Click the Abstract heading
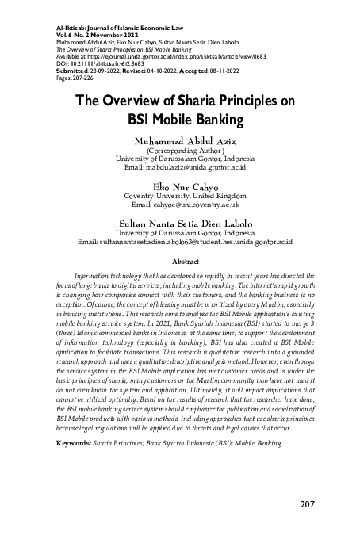pyautogui.click(x=179, y=260)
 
